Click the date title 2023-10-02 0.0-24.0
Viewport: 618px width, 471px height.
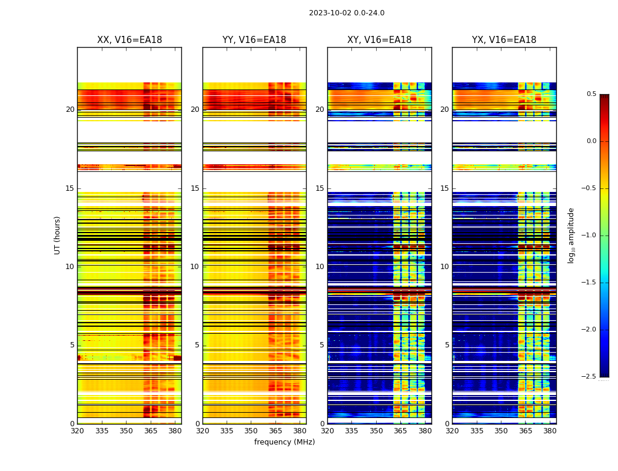[x=347, y=13]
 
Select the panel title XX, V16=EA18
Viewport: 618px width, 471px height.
[x=129, y=40]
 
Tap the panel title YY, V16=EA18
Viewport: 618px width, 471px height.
[x=254, y=40]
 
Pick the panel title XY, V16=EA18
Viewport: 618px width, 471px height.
[x=379, y=40]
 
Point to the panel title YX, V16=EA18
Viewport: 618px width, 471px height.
[x=504, y=40]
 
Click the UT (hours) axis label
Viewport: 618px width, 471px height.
[x=57, y=235]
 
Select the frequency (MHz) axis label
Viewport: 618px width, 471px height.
[x=284, y=442]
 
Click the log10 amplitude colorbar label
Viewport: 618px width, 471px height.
[x=571, y=235]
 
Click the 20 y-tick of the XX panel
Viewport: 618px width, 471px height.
[x=70, y=110]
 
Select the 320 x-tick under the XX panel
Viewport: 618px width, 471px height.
[x=77, y=431]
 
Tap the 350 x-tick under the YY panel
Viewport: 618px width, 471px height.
[x=251, y=431]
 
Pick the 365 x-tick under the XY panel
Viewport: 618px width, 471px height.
[x=400, y=431]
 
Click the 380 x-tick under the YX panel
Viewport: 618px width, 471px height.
[x=550, y=431]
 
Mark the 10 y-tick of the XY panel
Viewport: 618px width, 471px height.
[x=320, y=267]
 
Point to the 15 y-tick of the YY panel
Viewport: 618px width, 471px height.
[x=195, y=188]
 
